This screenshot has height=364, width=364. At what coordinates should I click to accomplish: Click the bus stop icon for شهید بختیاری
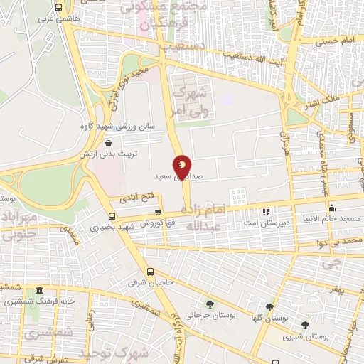pos(112,216)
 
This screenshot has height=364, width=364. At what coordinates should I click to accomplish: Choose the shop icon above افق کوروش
pos(157,212)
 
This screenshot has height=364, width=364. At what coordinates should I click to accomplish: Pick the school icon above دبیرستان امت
pos(266,211)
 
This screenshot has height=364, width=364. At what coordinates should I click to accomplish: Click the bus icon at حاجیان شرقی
pos(150,271)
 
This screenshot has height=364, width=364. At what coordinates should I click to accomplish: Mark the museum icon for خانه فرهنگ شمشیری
pos(38,291)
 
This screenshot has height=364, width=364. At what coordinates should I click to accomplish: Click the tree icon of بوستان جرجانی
pos(208,303)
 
